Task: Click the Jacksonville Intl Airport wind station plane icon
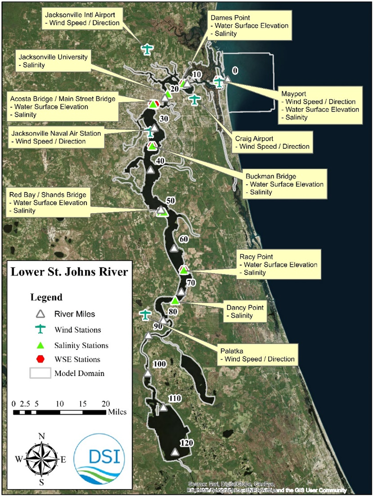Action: click(147, 49)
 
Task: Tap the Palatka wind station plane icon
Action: click(145, 315)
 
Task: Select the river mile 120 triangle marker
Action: click(175, 452)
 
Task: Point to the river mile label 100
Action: click(159, 364)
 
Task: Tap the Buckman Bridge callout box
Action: click(284, 184)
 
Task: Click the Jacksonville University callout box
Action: click(53, 61)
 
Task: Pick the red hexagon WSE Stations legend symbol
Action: click(40, 359)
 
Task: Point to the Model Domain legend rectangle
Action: click(40, 373)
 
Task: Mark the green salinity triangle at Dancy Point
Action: click(175, 301)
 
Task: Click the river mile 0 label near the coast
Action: click(235, 70)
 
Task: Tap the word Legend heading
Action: click(46, 297)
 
